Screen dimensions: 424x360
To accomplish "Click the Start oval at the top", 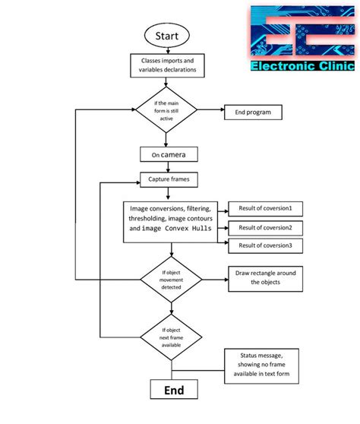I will click(166, 36).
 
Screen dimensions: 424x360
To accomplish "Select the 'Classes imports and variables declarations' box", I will click(166, 65).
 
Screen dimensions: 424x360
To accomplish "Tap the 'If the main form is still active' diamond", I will click(166, 111).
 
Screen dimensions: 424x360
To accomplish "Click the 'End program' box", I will click(253, 112).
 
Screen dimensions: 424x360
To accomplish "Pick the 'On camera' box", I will click(169, 154).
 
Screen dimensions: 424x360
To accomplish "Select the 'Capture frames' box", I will click(169, 180).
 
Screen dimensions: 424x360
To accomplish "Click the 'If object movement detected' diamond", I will click(171, 279).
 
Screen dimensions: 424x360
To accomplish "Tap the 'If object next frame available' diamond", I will click(171, 336).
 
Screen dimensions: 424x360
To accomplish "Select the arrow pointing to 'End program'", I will click(210, 112).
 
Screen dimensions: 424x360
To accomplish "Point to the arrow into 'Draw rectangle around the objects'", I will click(214, 278).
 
